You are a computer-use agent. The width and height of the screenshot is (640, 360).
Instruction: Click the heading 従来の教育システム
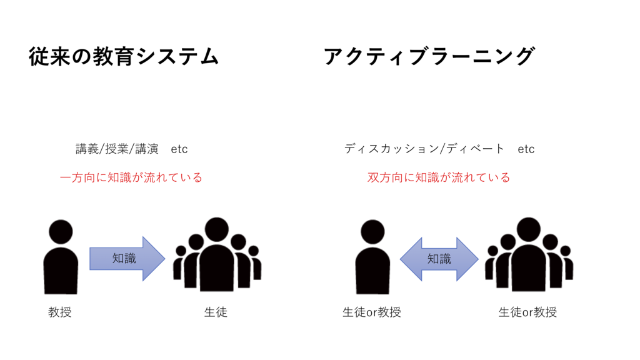(124, 56)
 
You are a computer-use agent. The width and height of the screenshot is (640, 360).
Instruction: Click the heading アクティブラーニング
(429, 56)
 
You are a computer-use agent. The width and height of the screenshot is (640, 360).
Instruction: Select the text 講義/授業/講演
(117, 149)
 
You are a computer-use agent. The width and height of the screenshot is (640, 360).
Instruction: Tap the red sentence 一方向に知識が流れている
(131, 177)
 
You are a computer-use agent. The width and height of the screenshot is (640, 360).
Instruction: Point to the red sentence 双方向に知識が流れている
(439, 177)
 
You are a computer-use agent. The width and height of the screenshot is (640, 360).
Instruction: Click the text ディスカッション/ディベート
(424, 149)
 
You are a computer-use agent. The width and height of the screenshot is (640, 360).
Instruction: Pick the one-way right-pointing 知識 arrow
(127, 259)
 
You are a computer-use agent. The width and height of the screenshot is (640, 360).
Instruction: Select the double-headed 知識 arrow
(439, 259)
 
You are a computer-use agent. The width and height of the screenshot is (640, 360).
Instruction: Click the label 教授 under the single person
(59, 312)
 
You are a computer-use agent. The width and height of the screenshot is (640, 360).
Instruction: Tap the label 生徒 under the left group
(216, 312)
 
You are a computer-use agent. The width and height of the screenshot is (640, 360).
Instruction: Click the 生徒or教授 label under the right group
(527, 312)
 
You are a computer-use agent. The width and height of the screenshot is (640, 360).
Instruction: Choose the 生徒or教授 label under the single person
(371, 312)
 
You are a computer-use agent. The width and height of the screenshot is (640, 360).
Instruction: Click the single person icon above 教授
(61, 257)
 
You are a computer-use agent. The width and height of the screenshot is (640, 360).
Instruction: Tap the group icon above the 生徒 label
(217, 255)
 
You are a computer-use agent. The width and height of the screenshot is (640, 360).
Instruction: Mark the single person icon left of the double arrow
(372, 257)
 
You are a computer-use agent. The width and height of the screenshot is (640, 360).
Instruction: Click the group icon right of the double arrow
(529, 255)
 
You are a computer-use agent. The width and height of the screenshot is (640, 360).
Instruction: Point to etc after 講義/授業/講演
(179, 149)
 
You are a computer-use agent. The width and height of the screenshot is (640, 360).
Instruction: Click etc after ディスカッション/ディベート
(526, 149)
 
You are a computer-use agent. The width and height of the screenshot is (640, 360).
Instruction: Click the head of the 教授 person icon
(61, 232)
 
